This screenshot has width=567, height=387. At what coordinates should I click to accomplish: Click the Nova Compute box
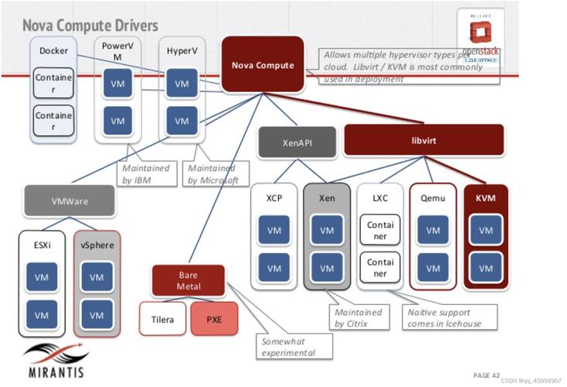pyautogui.click(x=263, y=64)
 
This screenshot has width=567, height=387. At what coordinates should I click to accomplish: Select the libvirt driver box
pyautogui.click(x=423, y=141)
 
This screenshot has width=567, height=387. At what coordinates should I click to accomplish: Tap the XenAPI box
pyautogui.click(x=297, y=142)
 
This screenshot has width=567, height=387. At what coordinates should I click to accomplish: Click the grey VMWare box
pyautogui.click(x=70, y=200)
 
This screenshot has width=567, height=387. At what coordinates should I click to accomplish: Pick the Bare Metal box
pyautogui.click(x=188, y=280)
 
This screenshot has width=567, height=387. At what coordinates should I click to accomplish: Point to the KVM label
pyautogui.click(x=486, y=198)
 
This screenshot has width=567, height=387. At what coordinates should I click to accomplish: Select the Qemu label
pyautogui.click(x=432, y=198)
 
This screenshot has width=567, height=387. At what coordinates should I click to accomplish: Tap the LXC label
pyautogui.click(x=380, y=198)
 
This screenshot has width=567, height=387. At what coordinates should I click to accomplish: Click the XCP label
pyautogui.click(x=274, y=198)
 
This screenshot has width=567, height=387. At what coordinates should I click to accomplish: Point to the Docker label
pyautogui.click(x=53, y=51)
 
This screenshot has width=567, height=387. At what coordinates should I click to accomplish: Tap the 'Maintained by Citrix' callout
pyautogui.click(x=358, y=317)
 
